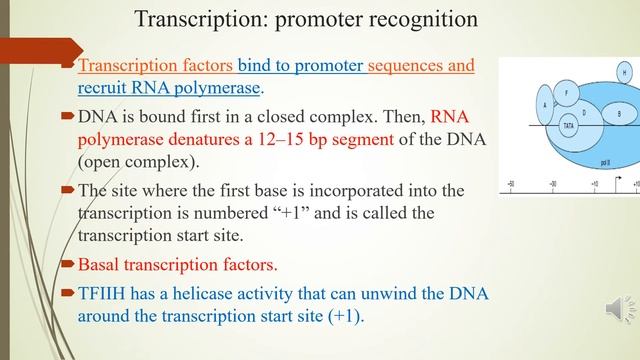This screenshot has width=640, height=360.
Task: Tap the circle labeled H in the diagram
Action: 625,73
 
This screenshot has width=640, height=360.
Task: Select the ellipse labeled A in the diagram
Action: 544,104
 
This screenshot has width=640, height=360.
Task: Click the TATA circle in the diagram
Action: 568,127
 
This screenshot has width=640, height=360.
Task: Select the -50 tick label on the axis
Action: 511,184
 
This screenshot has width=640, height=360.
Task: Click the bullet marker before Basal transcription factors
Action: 68,265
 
